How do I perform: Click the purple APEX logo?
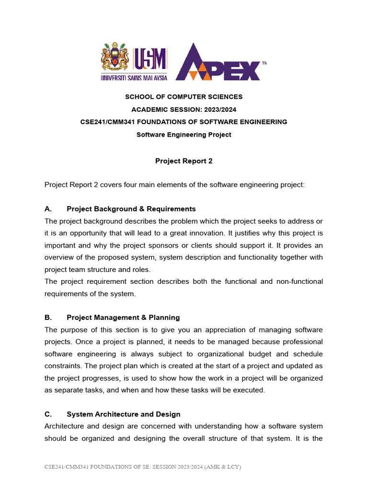click(218, 62)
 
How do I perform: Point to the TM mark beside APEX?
click(264, 63)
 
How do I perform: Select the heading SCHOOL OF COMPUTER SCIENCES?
click(184, 97)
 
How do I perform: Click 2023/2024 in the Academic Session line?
click(218, 109)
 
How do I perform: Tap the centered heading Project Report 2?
click(184, 161)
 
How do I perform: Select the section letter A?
click(47, 209)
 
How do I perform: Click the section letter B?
click(47, 317)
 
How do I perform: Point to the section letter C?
click(47, 414)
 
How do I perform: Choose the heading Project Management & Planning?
click(123, 317)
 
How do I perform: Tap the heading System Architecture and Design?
click(124, 414)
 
